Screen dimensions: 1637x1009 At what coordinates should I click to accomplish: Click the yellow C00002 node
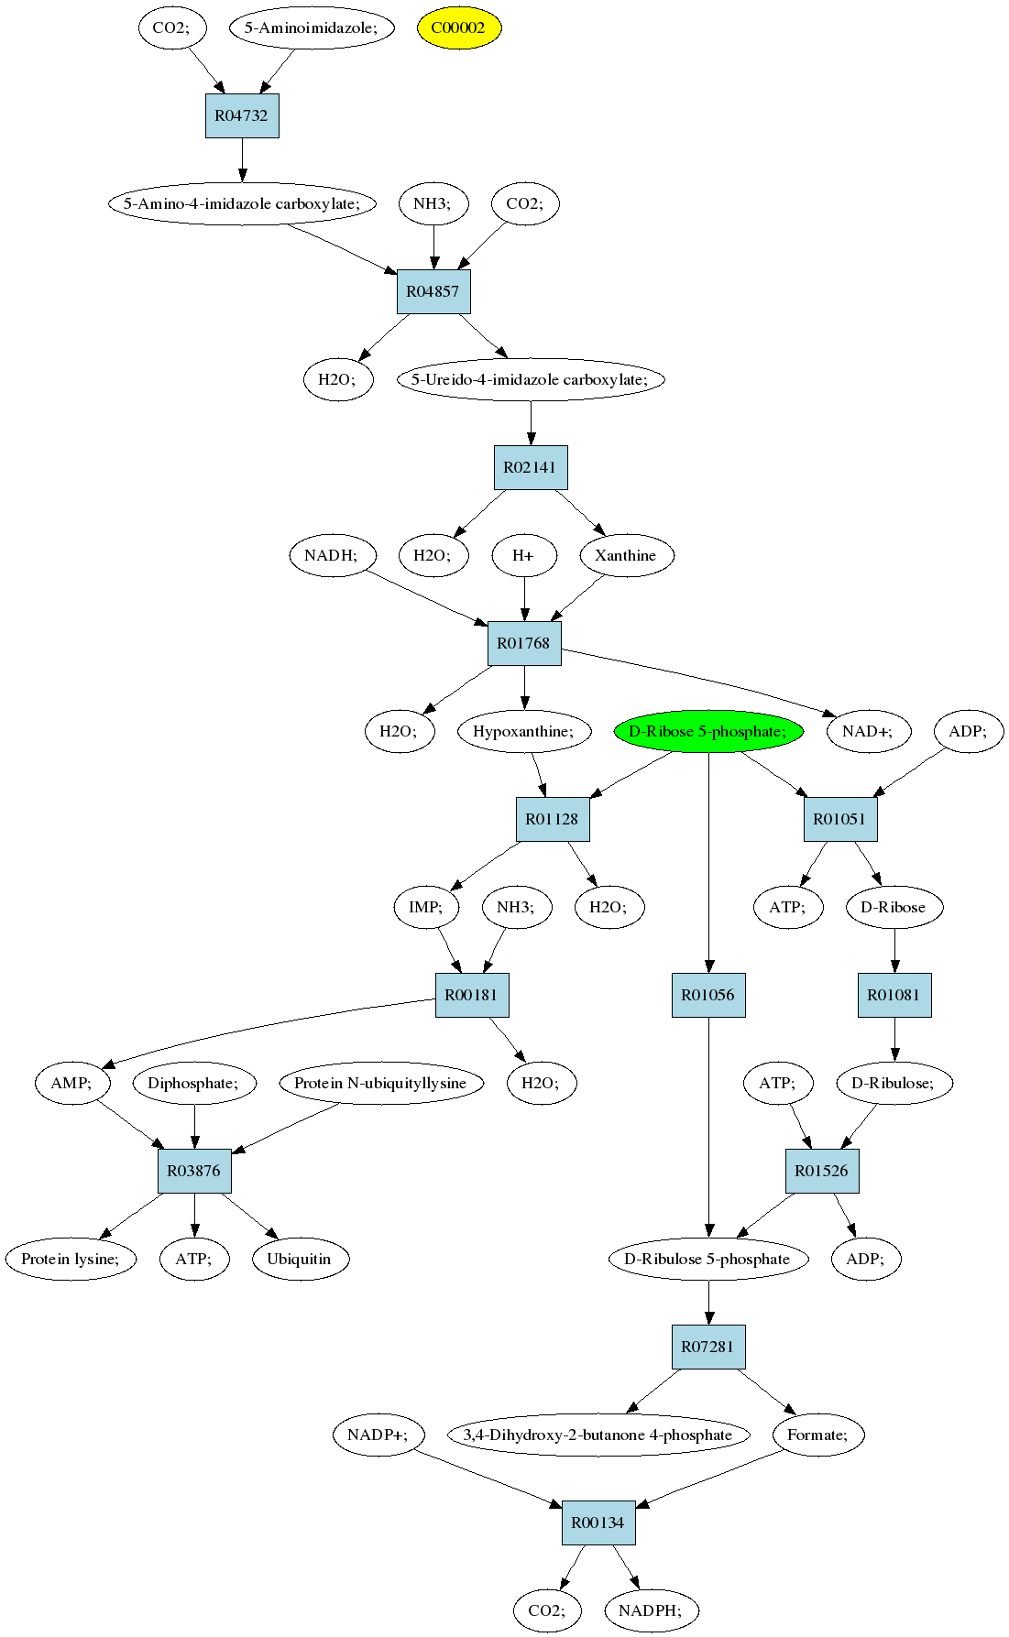(x=459, y=27)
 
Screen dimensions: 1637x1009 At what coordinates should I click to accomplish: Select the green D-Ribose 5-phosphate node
(x=707, y=731)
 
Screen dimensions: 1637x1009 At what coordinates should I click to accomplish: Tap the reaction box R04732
(x=242, y=115)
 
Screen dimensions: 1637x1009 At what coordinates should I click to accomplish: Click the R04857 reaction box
(x=433, y=291)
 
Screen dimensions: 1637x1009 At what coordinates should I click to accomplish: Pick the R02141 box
(x=531, y=467)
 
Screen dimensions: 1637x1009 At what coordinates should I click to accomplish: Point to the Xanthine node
(x=626, y=555)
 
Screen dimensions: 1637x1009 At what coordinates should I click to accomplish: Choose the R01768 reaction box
(x=524, y=643)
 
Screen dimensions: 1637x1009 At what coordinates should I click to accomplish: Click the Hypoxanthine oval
(x=524, y=731)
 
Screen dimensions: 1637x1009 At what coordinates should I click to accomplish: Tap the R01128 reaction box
(x=553, y=819)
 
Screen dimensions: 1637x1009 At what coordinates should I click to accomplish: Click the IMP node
(x=425, y=907)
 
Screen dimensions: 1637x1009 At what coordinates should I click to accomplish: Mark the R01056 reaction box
(x=708, y=995)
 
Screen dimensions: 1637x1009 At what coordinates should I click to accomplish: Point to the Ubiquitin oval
(x=299, y=1259)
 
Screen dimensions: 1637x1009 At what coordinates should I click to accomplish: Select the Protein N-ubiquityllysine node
(x=380, y=1083)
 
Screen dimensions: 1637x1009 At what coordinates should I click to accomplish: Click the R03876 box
(x=194, y=1171)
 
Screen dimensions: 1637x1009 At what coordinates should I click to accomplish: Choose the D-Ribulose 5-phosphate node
(x=707, y=1259)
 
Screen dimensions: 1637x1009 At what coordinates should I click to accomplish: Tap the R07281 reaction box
(x=708, y=1347)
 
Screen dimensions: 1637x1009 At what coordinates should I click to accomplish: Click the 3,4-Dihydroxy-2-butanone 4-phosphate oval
(x=598, y=1435)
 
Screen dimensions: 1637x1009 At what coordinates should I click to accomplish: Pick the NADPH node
(x=651, y=1610)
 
